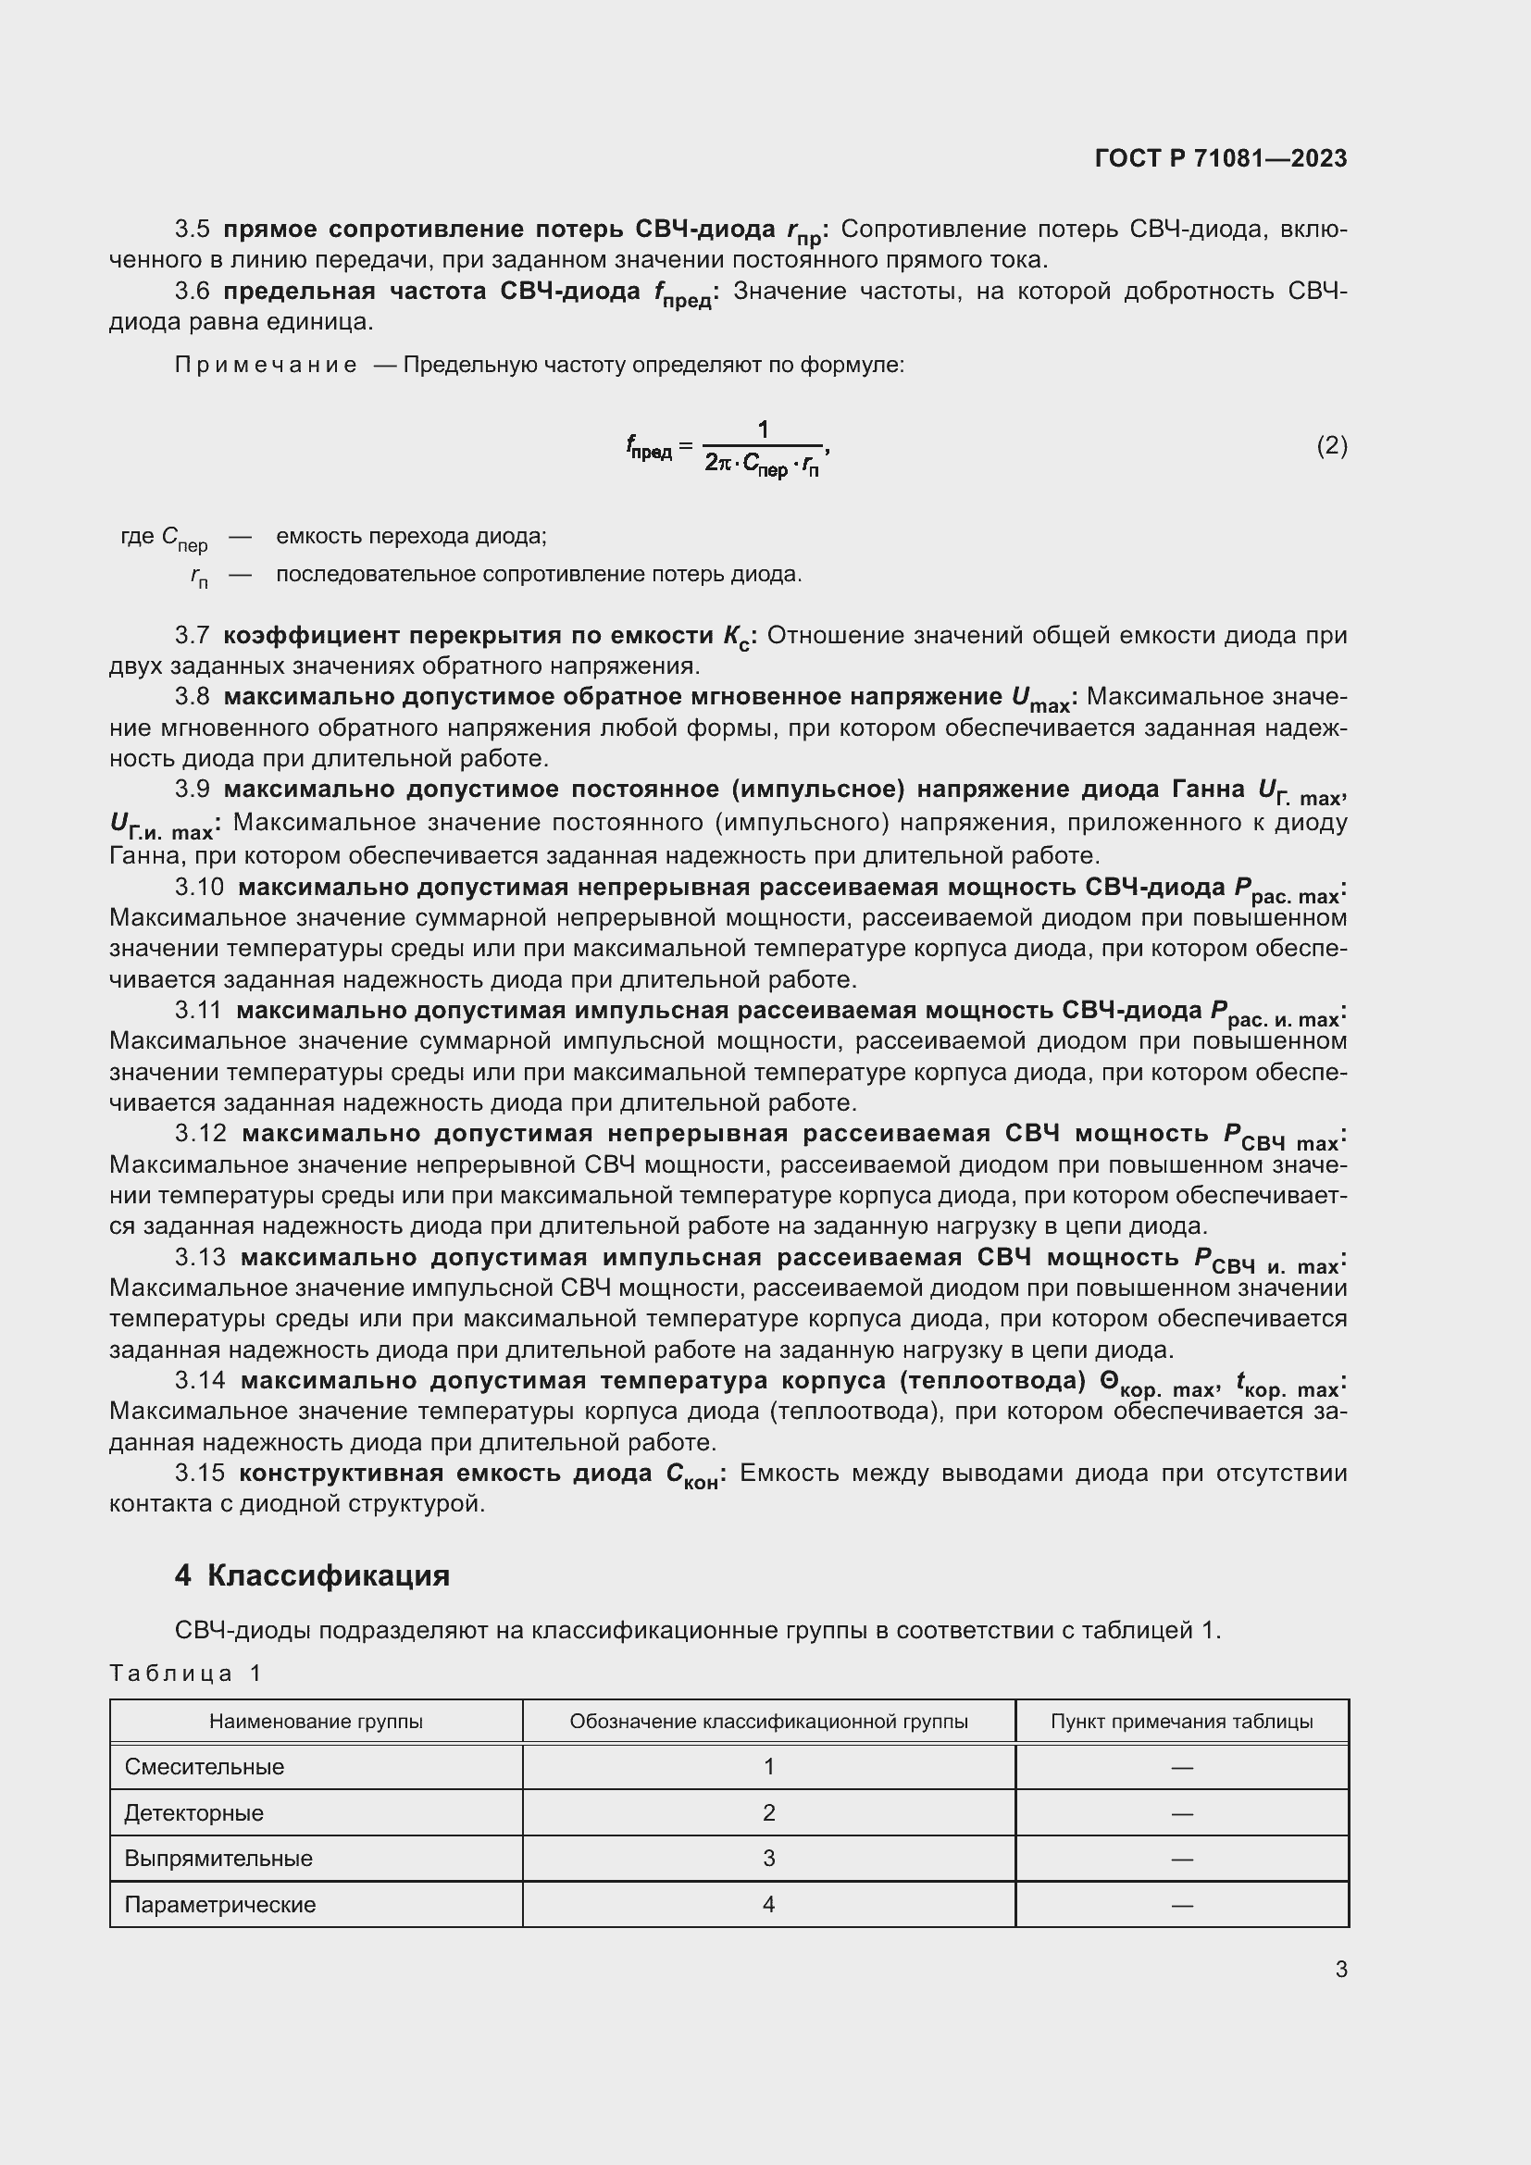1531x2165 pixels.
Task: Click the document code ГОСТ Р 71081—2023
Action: tap(1221, 158)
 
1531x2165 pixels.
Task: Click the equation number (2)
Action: tap(1331, 445)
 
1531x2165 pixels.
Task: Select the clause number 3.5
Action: tap(192, 230)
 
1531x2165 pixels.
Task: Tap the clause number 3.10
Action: tap(199, 888)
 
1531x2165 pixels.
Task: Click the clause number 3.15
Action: tap(199, 1473)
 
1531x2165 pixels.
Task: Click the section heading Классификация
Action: tap(328, 1575)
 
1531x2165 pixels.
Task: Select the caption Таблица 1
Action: tap(185, 1673)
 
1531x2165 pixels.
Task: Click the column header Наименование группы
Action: tap(316, 1721)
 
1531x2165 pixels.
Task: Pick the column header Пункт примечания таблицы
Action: tap(1181, 1721)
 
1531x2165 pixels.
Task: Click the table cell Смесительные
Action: tap(205, 1766)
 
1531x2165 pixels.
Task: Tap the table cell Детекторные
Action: tap(194, 1812)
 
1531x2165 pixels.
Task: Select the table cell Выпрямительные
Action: tap(218, 1858)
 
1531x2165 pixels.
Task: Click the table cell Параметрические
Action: tap(220, 1904)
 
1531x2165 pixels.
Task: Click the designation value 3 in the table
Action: tap(768, 1858)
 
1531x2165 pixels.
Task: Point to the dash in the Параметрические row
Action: tap(1181, 1905)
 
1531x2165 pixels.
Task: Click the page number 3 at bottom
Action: tap(1340, 1969)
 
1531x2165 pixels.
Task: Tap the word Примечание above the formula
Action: tap(266, 365)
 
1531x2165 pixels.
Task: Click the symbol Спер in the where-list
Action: tap(184, 538)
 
